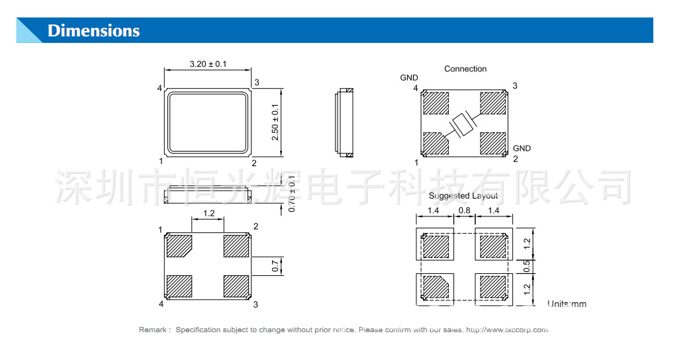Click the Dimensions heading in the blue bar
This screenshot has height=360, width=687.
pyautogui.click(x=93, y=31)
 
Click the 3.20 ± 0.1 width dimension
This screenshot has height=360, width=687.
pyautogui.click(x=208, y=64)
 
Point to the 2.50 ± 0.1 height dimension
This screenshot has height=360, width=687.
pyautogui.click(x=275, y=122)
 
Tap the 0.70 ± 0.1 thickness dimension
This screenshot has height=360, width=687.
pyautogui.click(x=292, y=193)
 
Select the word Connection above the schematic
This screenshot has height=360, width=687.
pyautogui.click(x=465, y=69)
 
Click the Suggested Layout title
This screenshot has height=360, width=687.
pyautogui.click(x=463, y=196)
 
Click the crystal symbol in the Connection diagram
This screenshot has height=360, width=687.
pyautogui.click(x=461, y=124)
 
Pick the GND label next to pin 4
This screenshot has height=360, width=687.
pyautogui.click(x=409, y=78)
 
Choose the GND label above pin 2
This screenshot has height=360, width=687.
pyautogui.click(x=522, y=148)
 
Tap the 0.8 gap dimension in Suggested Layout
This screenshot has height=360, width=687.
pyautogui.click(x=464, y=211)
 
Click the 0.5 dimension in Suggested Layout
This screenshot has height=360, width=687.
pyautogui.click(x=527, y=266)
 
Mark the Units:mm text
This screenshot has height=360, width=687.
pyautogui.click(x=567, y=304)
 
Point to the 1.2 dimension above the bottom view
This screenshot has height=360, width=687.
pyautogui.click(x=208, y=213)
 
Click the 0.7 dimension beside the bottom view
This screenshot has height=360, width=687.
pyautogui.click(x=275, y=266)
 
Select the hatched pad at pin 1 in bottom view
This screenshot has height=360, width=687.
pyautogui.click(x=179, y=246)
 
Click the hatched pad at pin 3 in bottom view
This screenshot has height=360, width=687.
pyautogui.click(x=237, y=287)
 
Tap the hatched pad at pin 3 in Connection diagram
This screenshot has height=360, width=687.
pyautogui.click(x=492, y=102)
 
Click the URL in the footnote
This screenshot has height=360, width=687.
pyautogui.click(x=507, y=330)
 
